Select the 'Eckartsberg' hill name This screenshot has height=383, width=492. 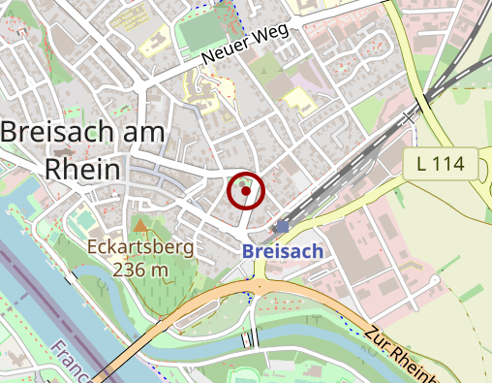tap(140, 246)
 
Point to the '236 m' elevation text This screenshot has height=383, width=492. tap(140, 269)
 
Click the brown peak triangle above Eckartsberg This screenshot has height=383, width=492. tap(140, 226)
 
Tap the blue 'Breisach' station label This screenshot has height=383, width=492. tap(283, 250)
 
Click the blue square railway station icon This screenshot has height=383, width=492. tap(282, 226)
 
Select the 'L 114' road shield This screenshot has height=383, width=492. tap(442, 164)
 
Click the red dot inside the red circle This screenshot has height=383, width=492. tap(246, 191)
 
